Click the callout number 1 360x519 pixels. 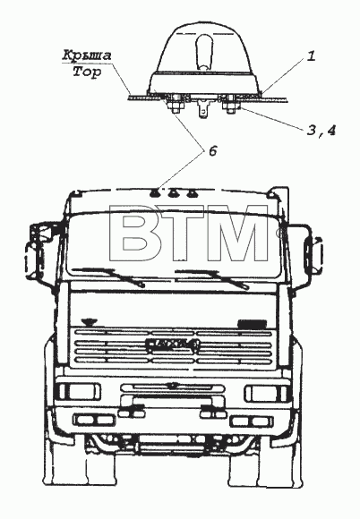tap(311, 56)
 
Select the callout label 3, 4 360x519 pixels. tap(321, 131)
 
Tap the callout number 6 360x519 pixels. tap(212, 151)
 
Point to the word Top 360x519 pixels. tap(87, 72)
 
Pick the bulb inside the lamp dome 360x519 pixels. tap(204, 51)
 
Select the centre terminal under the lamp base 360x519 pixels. tap(202, 108)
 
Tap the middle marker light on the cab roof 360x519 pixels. tap(173, 192)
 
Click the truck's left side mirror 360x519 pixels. tap(36, 251)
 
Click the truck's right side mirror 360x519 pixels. tap(313, 252)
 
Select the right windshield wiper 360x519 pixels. tap(212, 278)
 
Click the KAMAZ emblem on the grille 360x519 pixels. tap(172, 345)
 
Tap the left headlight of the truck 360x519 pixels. tap(78, 392)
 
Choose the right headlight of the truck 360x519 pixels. tap(266, 393)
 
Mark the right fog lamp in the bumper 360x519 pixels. tap(252, 421)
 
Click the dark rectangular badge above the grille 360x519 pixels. tap(253, 324)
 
